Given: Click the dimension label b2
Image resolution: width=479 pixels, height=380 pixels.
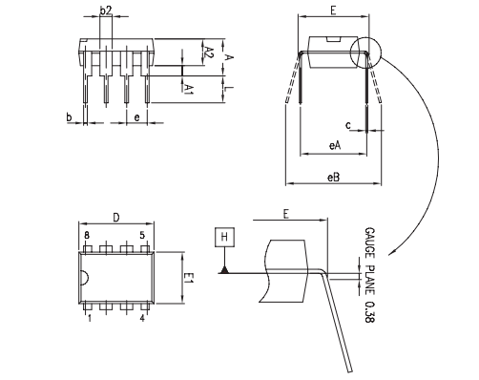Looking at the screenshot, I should coord(106,11).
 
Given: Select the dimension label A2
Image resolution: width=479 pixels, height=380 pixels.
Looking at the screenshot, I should coord(207,53).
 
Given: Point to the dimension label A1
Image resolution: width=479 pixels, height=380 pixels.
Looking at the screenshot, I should coord(189,89).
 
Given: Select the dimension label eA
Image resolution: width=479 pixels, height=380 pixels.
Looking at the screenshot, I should coord(334,145).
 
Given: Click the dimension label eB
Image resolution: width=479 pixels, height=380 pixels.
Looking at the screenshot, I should coord(334,177).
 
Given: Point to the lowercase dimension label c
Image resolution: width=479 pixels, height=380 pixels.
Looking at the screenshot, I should coord(348,124).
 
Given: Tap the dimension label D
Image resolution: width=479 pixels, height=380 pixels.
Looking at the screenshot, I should coord(115,217).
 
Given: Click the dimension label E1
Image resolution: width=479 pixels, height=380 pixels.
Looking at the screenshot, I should coord(188,278).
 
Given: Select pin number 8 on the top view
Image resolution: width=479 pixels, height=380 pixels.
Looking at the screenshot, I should coord(86,235).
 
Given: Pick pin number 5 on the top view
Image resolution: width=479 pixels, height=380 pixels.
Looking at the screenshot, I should coord(142,235).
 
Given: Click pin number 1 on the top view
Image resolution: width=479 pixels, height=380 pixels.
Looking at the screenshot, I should coord(89,318).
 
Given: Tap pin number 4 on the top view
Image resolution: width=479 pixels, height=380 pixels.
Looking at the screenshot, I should coord(143,318).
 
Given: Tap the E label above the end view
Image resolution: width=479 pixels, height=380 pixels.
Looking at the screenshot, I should coord(333,11).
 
